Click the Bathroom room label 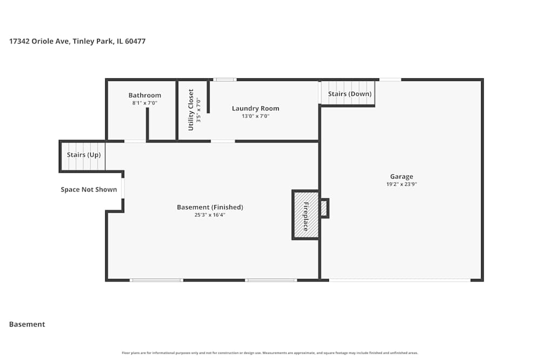coord(145,96)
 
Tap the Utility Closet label coord(191,110)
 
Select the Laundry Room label coord(255,108)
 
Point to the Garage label coord(402,176)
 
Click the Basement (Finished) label coord(210,207)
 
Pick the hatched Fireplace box coord(306,215)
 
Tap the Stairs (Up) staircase coord(83,155)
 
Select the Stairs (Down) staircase coord(349,93)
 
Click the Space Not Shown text coord(89,189)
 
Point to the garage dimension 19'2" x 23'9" coord(402,184)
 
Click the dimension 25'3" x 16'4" coord(210,215)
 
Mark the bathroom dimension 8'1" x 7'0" coord(145,103)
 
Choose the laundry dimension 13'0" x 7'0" coord(255,116)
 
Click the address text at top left coord(77,41)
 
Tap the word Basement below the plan coord(27,324)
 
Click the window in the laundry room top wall coord(225,80)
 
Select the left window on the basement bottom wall coord(157,280)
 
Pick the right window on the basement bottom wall coord(271,280)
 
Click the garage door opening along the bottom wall coord(400,280)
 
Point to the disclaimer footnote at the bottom coord(270,353)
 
